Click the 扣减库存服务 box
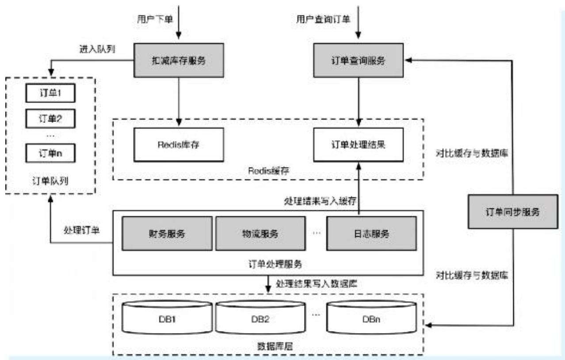pyautogui.click(x=179, y=61)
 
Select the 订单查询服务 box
pyautogui.click(x=359, y=61)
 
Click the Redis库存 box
pyautogui.click(x=179, y=144)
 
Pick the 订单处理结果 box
pyautogui.click(x=359, y=144)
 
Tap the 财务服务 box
pyautogui.click(x=168, y=234)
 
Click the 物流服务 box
pyautogui.click(x=260, y=234)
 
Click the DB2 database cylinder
pyautogui.click(x=260, y=318)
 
